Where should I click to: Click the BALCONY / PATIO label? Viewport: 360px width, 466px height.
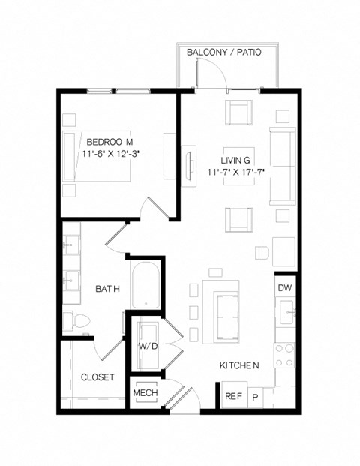227,52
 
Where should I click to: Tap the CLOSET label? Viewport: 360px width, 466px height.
97,377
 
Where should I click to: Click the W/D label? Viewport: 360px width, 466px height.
147,346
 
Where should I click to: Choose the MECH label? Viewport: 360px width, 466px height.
145,393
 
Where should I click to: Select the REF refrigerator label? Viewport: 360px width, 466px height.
232,396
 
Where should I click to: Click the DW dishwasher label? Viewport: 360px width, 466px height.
284,288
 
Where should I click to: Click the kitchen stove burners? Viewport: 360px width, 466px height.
284,354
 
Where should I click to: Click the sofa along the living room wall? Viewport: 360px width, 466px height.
282,166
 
